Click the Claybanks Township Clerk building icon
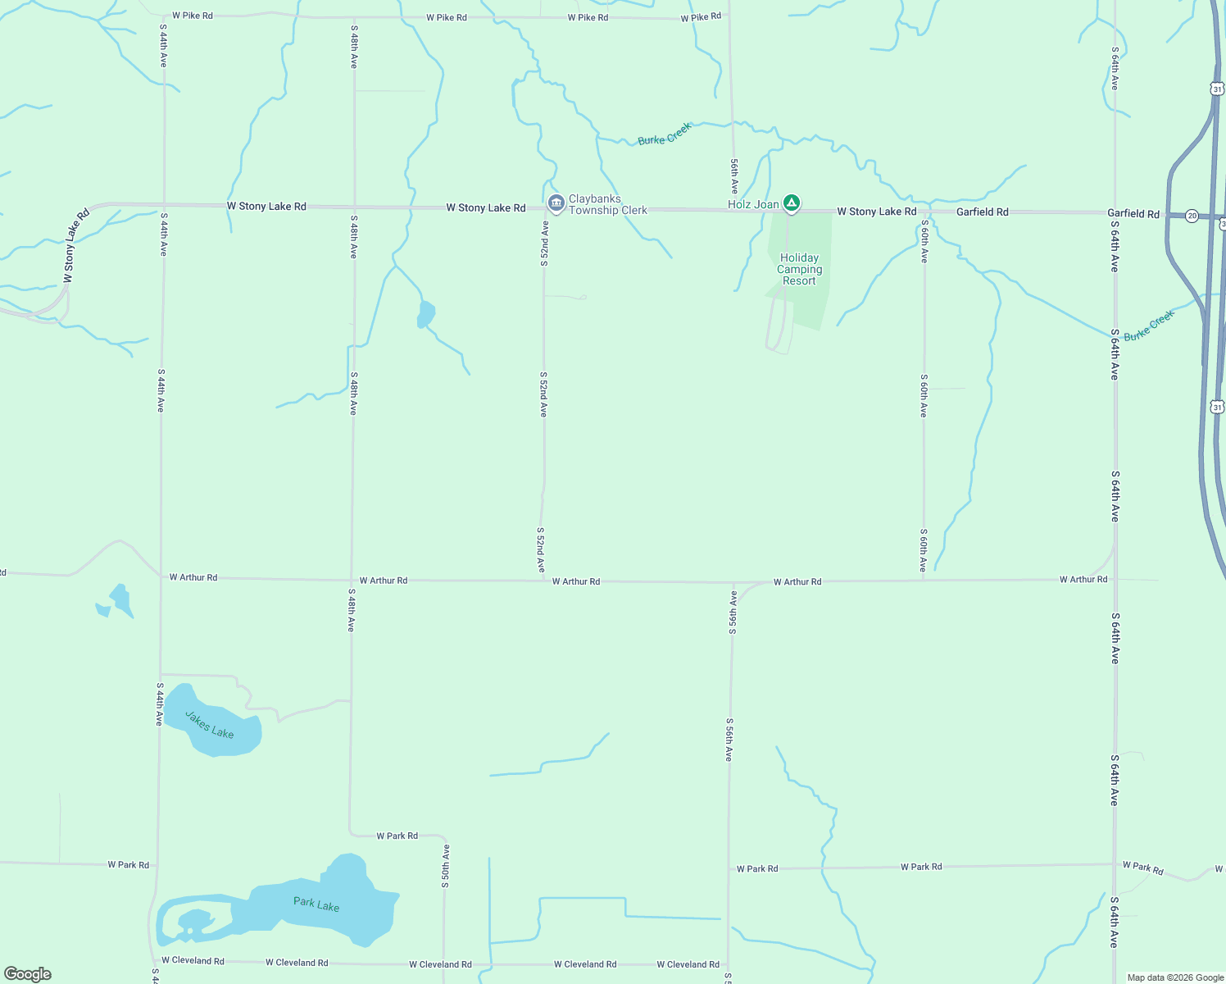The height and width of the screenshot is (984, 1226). click(x=556, y=203)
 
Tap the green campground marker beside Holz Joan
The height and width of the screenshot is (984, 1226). click(x=791, y=203)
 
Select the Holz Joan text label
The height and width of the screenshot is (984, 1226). click(x=753, y=204)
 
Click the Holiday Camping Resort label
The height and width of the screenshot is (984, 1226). click(x=799, y=269)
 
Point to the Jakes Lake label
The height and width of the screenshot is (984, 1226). click(x=209, y=725)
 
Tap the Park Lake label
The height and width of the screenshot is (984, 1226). click(x=316, y=904)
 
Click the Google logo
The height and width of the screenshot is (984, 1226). click(x=28, y=974)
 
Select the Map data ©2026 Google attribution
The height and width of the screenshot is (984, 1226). click(x=1175, y=977)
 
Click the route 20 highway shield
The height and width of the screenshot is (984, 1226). click(x=1192, y=216)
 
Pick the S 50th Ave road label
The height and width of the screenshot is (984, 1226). click(x=446, y=866)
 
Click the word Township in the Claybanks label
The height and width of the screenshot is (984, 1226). click(x=593, y=211)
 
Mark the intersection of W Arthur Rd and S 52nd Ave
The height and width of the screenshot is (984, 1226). click(x=543, y=581)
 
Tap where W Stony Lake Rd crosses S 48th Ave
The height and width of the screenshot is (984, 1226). click(x=354, y=207)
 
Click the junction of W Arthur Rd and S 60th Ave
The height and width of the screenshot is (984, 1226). click(x=924, y=581)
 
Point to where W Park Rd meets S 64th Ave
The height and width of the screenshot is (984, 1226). click(x=1115, y=864)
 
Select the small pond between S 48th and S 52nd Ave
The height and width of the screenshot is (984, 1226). click(x=425, y=314)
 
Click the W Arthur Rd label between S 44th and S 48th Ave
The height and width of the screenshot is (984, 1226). click(x=193, y=577)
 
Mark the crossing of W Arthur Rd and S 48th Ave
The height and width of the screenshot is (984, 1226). click(x=352, y=579)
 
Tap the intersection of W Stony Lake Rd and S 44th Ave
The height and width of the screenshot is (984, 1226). click(x=164, y=204)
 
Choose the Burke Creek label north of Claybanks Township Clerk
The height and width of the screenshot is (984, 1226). click(x=665, y=134)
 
